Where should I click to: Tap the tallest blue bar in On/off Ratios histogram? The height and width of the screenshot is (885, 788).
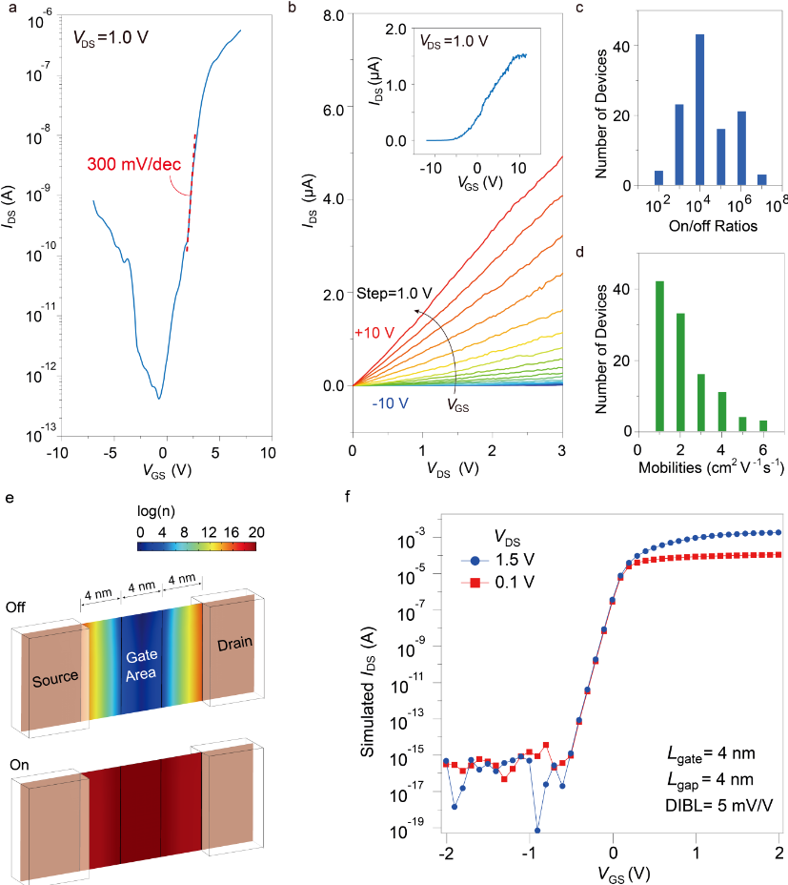[699, 110]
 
